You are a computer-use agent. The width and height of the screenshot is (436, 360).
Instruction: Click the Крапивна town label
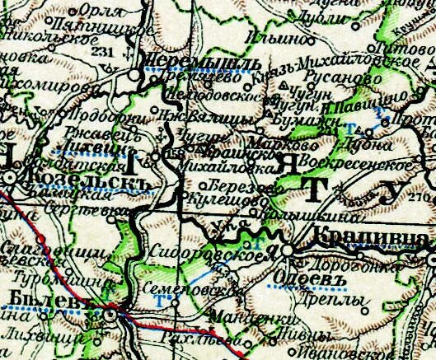click(368, 239)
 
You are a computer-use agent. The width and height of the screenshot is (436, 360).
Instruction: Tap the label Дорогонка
click(340, 266)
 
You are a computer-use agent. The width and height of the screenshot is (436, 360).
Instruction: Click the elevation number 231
click(103, 52)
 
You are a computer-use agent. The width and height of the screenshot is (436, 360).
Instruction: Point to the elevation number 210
click(426, 198)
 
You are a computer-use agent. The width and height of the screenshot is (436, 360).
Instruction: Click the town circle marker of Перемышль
click(134, 74)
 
